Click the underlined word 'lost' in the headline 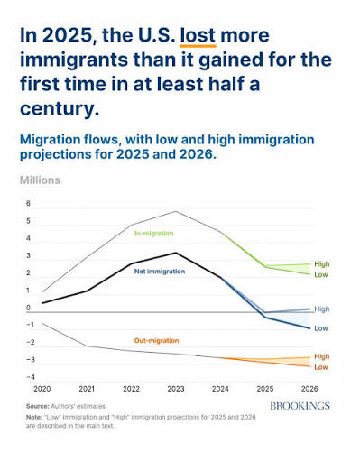click(x=198, y=35)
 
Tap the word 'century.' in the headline click(x=60, y=108)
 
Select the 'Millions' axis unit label click(x=40, y=180)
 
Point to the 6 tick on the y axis click(x=28, y=203)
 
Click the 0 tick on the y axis click(x=28, y=308)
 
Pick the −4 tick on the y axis click(x=31, y=377)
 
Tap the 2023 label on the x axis click(x=176, y=389)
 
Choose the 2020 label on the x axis click(x=42, y=389)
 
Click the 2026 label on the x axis click(x=309, y=389)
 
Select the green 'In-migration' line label click(x=153, y=234)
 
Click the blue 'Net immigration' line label click(x=160, y=272)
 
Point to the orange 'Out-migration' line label click(x=156, y=341)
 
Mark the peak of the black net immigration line click(x=176, y=253)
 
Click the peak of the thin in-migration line click(x=176, y=211)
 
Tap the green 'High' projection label click(x=322, y=264)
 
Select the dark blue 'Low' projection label click(x=321, y=328)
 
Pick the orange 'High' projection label click(x=322, y=356)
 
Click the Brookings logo click(x=300, y=406)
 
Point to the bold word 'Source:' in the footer click(x=38, y=406)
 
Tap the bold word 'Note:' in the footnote click(x=34, y=417)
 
